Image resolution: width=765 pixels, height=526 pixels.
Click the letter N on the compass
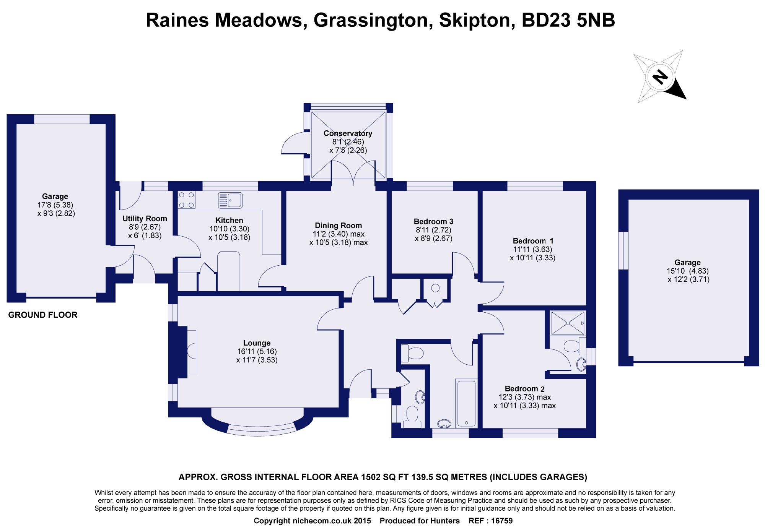[x=659, y=78]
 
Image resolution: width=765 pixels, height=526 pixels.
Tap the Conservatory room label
[x=348, y=133]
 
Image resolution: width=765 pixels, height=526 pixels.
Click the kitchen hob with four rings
[x=186, y=200]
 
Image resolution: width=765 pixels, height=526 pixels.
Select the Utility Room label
[x=145, y=219]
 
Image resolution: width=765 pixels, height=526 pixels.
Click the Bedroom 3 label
[x=433, y=221]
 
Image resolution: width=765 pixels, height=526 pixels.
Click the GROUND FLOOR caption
[x=43, y=315]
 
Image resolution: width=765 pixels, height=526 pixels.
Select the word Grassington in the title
[x=370, y=20]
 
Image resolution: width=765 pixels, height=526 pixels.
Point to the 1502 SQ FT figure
[x=385, y=477]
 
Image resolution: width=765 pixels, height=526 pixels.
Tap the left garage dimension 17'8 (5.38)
[x=55, y=205]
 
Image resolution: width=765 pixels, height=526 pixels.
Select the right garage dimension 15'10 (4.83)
[x=687, y=271]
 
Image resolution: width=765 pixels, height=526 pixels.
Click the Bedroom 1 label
[x=533, y=241]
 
